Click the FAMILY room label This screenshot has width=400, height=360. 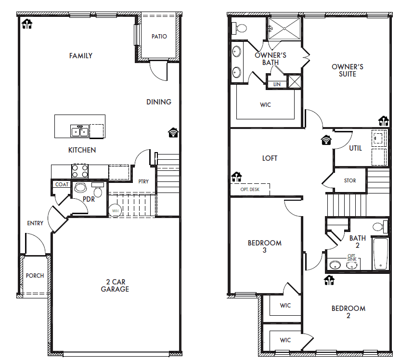coord(80,56)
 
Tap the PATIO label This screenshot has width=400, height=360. coord(159,37)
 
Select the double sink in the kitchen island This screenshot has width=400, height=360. coord(80,130)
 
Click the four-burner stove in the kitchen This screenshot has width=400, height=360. coord(79,171)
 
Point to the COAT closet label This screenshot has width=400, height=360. coord(62,184)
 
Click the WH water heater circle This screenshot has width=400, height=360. coord(116,210)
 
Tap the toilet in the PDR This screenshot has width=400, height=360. coord(98,192)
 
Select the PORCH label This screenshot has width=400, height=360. coord(35,276)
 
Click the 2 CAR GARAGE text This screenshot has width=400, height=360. coord(115,286)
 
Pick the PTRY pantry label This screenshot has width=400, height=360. coord(143,181)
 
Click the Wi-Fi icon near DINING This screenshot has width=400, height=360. coord(173,133)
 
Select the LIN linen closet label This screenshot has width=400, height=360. coord(277,84)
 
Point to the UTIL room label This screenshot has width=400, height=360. coord(355,148)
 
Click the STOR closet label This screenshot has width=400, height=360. coord(350,180)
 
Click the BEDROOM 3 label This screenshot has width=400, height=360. coord(264,246)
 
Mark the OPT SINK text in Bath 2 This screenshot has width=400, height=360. coord(351,257)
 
